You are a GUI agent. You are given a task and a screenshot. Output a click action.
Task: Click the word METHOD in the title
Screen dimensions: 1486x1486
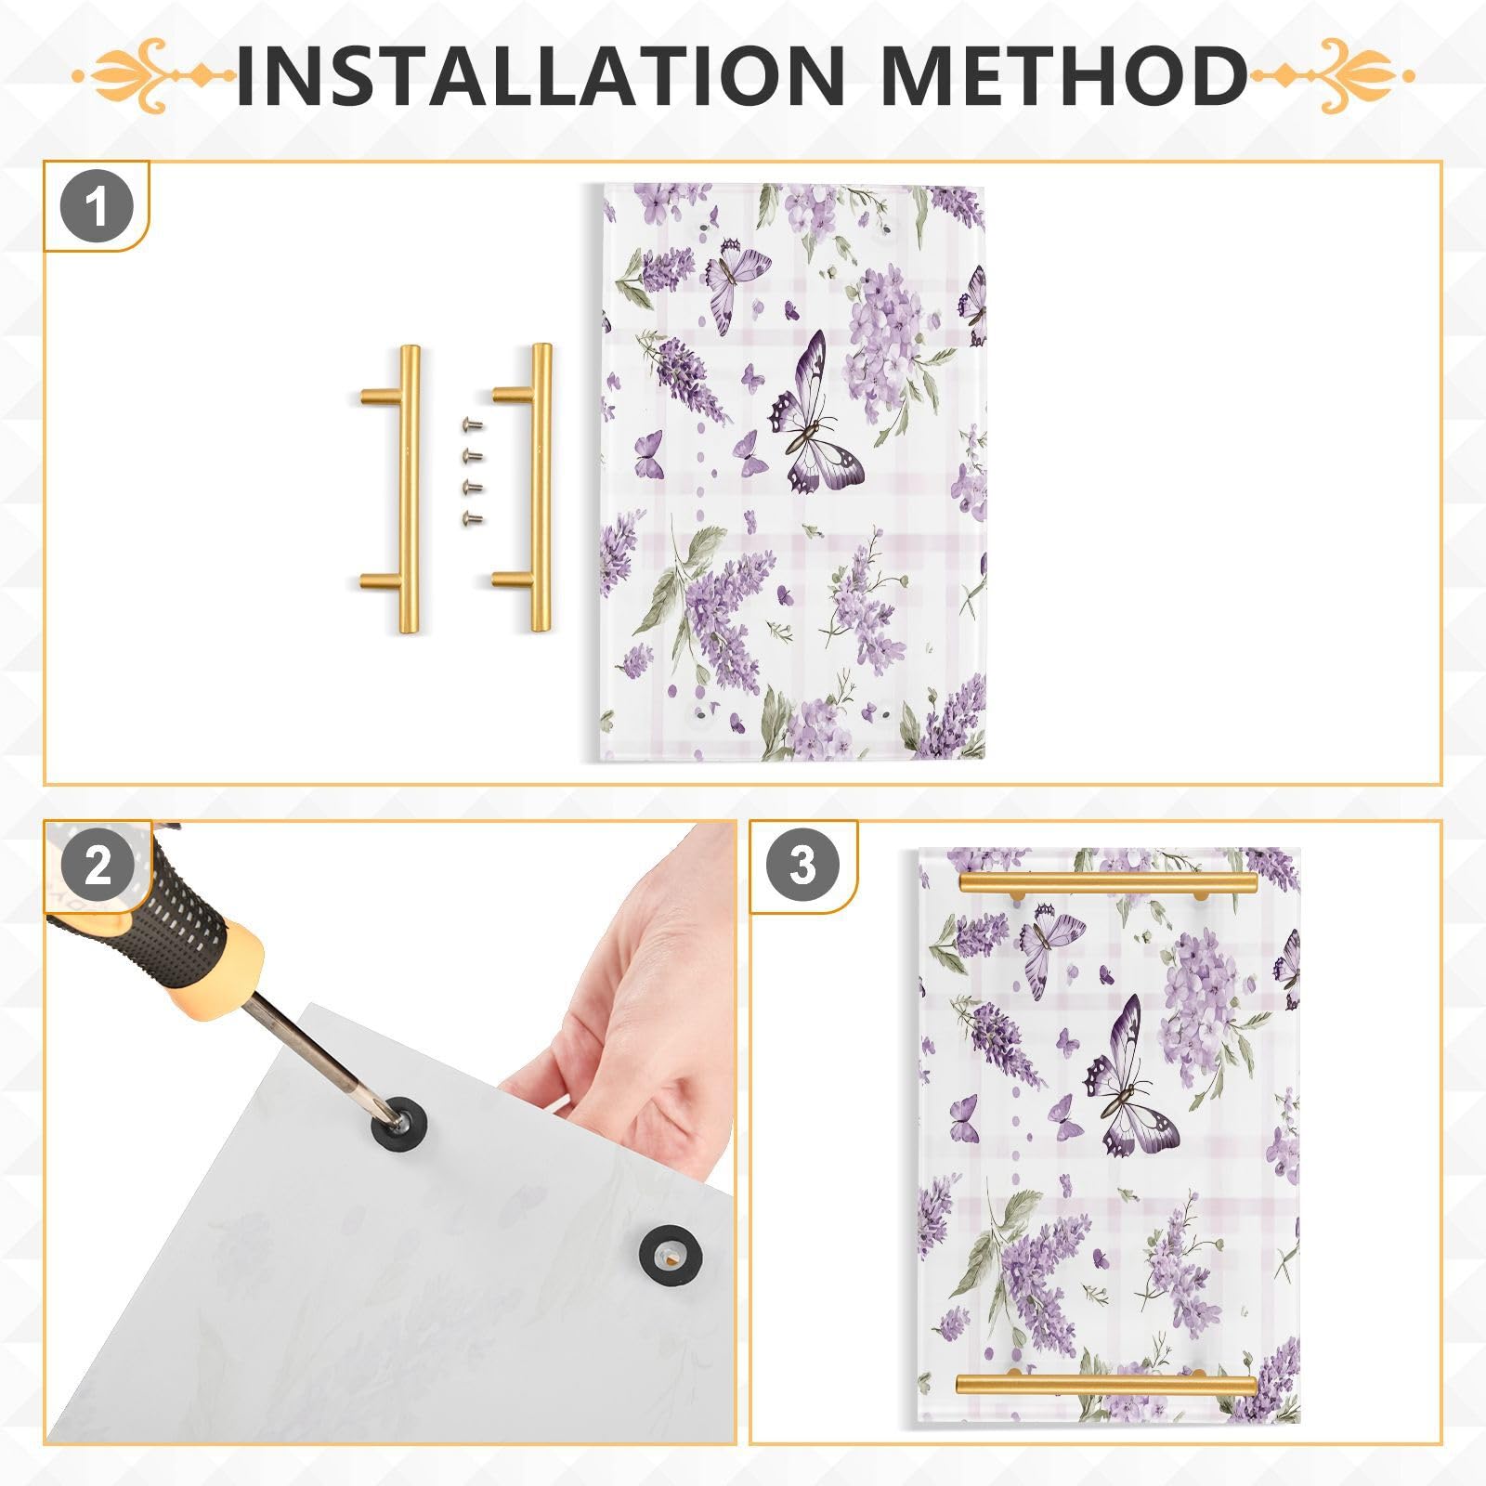(1062, 74)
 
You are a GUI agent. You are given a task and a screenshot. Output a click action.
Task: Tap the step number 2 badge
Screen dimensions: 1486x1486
(98, 867)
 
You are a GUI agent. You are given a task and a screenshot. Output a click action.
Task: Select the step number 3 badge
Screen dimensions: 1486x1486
(802, 866)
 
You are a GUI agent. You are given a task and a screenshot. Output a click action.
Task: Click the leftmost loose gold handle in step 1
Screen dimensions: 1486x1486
(407, 489)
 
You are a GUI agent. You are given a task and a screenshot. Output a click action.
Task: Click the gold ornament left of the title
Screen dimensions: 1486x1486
(153, 75)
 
